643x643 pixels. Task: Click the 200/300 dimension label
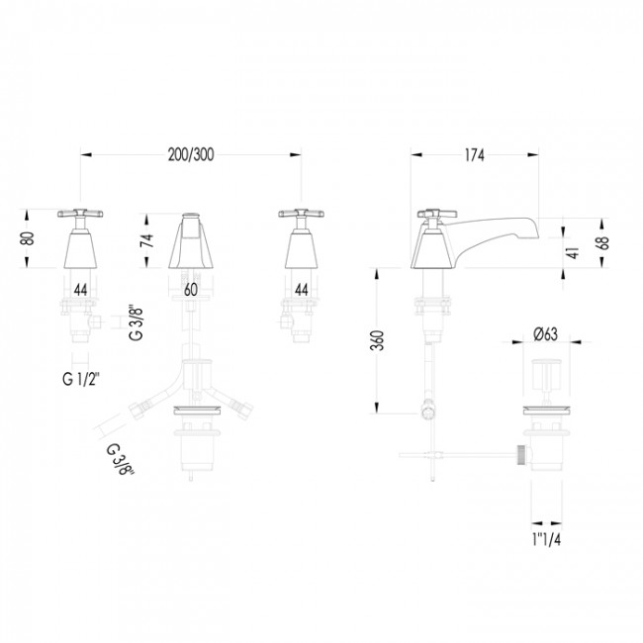click(x=191, y=155)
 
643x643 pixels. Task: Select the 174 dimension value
click(x=474, y=155)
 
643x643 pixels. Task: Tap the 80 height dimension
click(x=29, y=238)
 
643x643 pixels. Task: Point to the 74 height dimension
click(x=146, y=240)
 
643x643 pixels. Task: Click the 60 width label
click(x=191, y=290)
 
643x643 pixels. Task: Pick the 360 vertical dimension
click(x=377, y=340)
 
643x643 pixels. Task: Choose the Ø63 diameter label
click(x=545, y=334)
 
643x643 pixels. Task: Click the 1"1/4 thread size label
click(x=546, y=540)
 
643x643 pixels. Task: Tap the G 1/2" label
click(x=81, y=379)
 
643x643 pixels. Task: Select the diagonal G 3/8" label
click(x=121, y=460)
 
